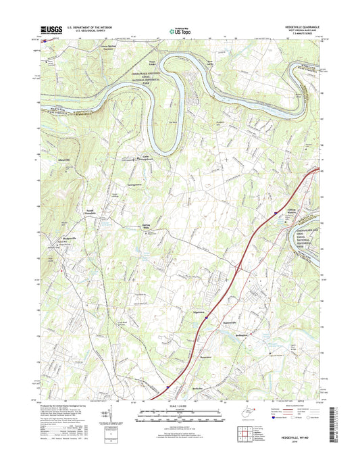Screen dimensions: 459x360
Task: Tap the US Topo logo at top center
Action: (180, 30)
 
